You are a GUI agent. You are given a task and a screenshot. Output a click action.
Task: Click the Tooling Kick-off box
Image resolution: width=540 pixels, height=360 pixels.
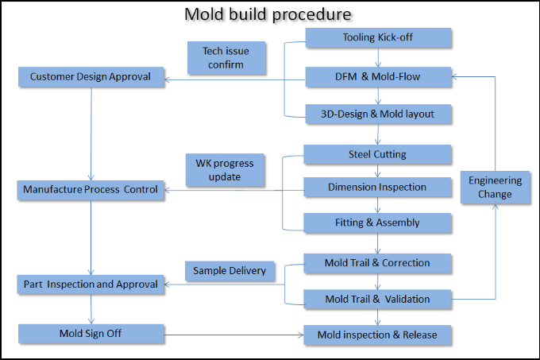[x=378, y=37]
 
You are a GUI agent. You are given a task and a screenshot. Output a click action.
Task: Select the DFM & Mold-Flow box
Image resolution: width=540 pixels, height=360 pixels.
[x=378, y=76]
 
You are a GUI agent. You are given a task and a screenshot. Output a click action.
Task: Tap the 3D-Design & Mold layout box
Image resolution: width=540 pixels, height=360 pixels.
[x=378, y=114]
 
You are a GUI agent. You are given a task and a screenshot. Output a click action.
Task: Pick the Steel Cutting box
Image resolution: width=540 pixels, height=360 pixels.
[x=377, y=154]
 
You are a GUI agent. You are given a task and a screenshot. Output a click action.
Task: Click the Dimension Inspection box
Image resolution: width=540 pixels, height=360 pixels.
[x=377, y=187]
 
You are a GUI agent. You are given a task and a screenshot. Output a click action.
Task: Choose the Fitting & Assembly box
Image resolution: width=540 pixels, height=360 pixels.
[x=377, y=223]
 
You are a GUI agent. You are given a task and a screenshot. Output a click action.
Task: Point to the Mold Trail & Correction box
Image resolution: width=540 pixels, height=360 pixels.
[x=377, y=263]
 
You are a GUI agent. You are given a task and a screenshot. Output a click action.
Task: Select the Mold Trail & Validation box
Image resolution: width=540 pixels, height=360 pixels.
[x=377, y=299]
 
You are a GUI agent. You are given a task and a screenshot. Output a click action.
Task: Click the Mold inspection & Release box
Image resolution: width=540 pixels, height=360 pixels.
[x=377, y=335]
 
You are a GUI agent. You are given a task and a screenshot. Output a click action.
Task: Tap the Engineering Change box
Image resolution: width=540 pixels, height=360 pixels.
[x=496, y=187]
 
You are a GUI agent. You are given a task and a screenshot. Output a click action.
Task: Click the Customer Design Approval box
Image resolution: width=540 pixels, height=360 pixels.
[x=91, y=76]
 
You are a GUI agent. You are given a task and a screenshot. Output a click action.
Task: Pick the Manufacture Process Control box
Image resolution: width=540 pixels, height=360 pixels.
[x=91, y=190]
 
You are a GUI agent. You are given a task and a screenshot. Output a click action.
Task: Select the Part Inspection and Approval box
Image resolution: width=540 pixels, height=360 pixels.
[x=91, y=285]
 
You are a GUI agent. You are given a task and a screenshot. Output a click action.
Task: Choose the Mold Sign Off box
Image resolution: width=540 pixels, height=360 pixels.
[x=91, y=334]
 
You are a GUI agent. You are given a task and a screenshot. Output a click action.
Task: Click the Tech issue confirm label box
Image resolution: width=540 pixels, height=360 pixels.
[x=226, y=57]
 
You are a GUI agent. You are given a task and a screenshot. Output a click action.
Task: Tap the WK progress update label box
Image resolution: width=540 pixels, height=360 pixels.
[x=225, y=170]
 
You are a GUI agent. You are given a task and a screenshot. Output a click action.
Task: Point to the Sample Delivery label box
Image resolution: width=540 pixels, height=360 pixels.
[x=229, y=271]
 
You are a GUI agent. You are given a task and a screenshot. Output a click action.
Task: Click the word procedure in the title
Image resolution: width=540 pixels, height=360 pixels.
[x=311, y=14]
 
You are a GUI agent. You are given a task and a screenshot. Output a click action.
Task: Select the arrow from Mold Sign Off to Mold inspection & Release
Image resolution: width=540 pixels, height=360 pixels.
[x=233, y=335]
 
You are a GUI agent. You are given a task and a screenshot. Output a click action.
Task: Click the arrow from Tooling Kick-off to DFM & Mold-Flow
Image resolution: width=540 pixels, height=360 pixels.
[x=378, y=57]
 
